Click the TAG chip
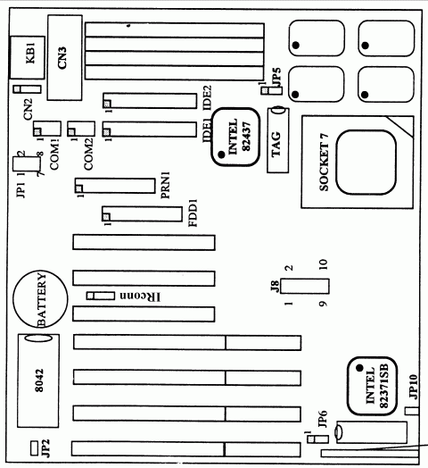click(x=276, y=141)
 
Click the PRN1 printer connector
click(x=118, y=188)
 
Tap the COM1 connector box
click(x=51, y=130)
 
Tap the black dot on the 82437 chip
click(x=220, y=155)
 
